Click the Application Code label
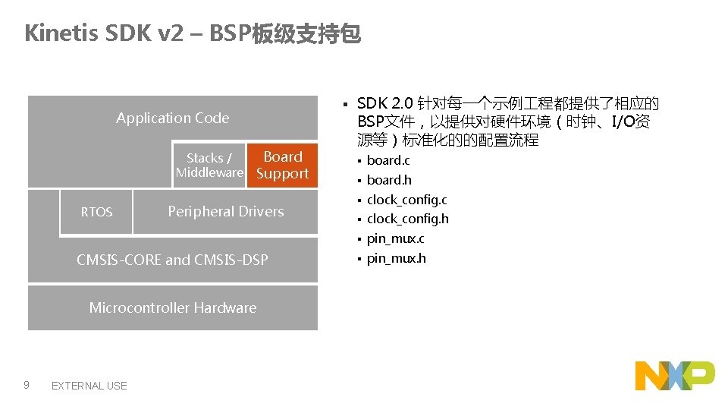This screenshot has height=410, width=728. [172, 118]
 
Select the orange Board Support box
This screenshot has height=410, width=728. [282, 165]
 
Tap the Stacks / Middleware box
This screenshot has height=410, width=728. [209, 165]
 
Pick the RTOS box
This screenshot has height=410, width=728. [96, 212]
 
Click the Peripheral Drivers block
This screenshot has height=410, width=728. [225, 211]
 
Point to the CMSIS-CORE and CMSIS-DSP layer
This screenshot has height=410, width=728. [172, 260]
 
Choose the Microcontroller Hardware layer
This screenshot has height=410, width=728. [172, 307]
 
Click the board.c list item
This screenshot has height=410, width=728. [388, 160]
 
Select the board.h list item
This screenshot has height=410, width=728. [389, 180]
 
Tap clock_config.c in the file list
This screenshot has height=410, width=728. [406, 200]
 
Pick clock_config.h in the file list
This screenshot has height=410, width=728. [407, 219]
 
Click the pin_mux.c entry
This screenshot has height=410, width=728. [395, 238]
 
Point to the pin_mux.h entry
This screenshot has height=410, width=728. [396, 258]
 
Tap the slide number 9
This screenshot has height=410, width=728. [27, 385]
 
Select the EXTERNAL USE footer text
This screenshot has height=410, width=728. [89, 386]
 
